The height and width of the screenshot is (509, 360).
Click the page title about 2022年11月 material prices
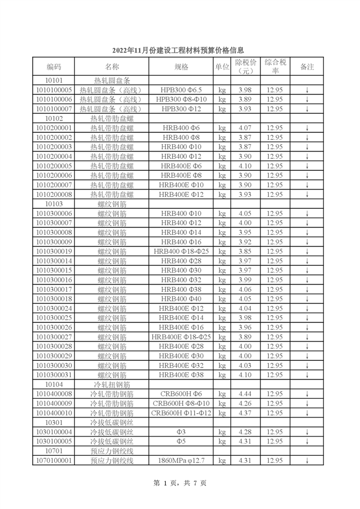(x=180, y=51)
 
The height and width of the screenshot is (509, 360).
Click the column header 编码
(x=54, y=67)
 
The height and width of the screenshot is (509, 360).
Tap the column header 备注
(x=307, y=67)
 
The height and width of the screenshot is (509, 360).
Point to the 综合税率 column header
(x=276, y=67)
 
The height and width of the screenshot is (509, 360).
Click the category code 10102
(x=54, y=119)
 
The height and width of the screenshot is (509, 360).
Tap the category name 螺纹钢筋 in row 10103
(x=112, y=203)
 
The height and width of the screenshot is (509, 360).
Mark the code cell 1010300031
(x=54, y=375)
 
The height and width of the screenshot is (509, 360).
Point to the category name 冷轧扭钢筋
(x=112, y=385)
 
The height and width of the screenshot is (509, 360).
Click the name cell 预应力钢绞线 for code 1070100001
(x=112, y=461)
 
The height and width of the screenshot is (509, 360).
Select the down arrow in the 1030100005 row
(x=307, y=442)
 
